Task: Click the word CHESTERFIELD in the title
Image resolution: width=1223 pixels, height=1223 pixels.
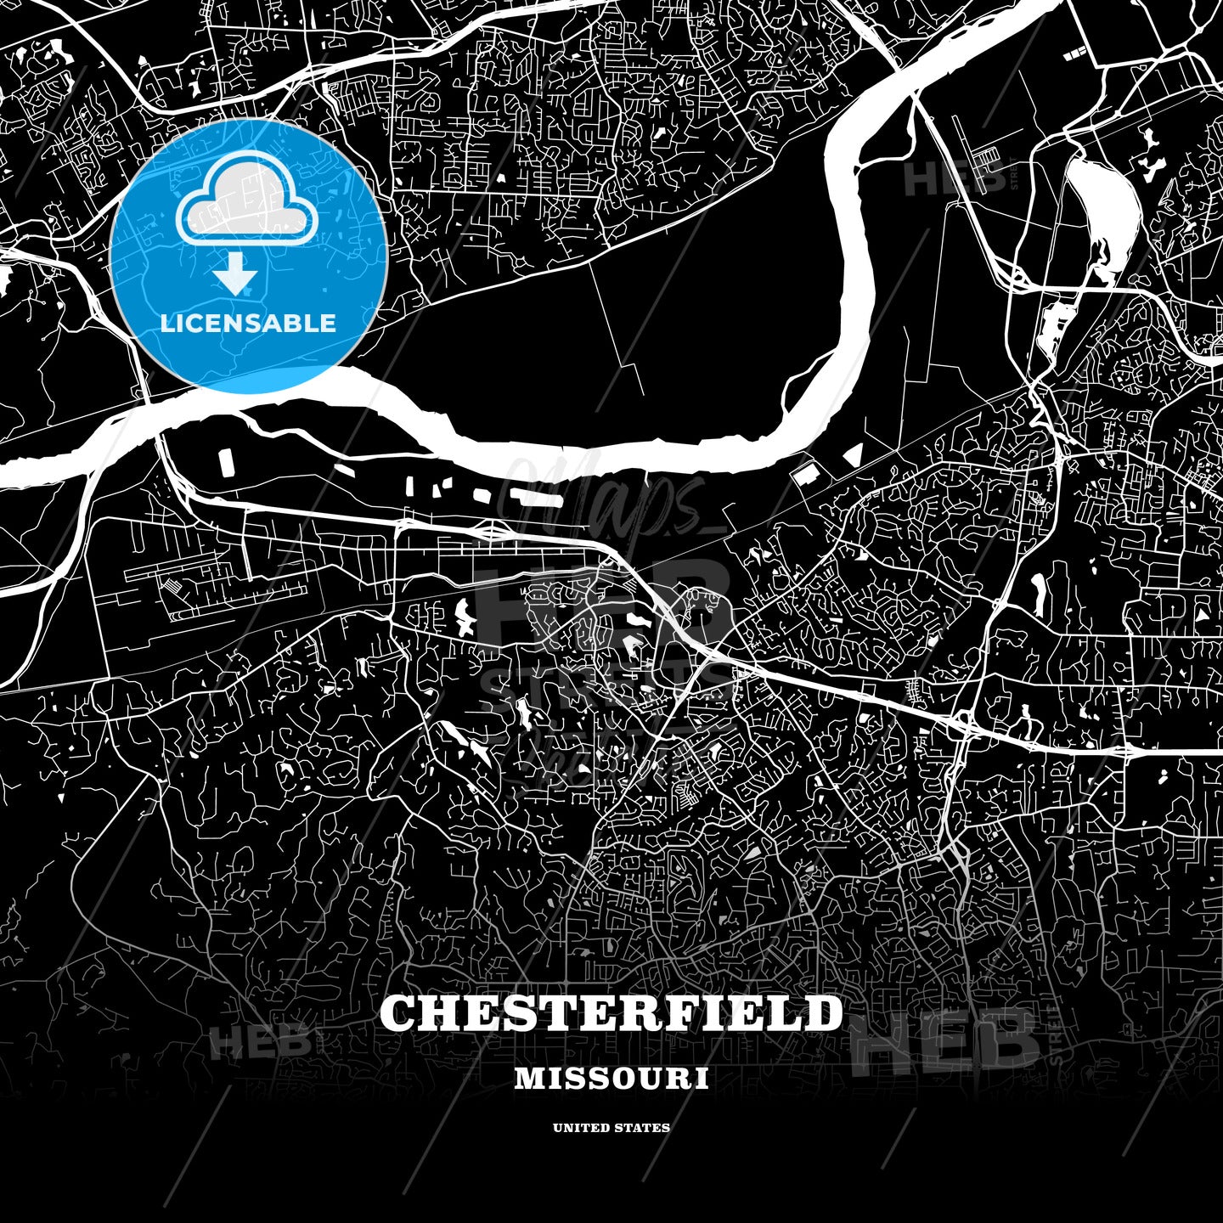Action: point(611,1014)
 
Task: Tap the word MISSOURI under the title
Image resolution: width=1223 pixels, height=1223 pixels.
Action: point(611,1079)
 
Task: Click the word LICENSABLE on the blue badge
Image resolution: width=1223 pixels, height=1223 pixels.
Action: point(248,323)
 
